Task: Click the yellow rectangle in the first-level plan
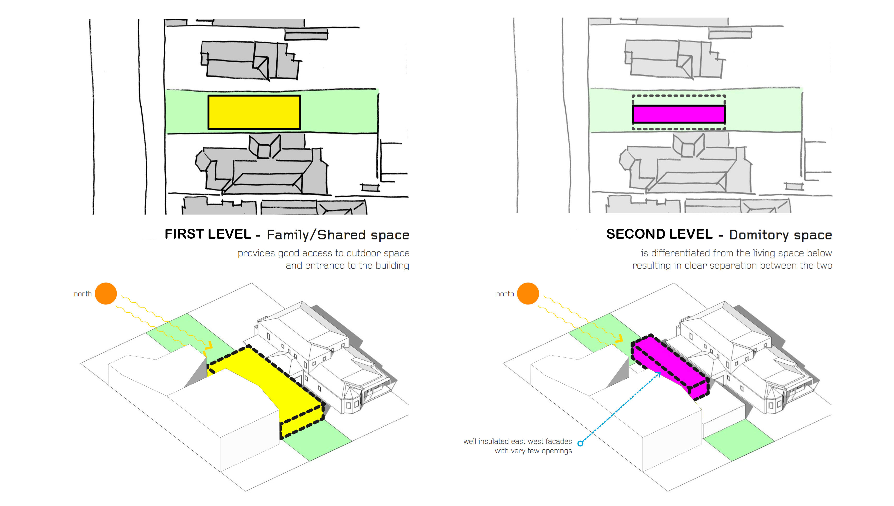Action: pyautogui.click(x=254, y=112)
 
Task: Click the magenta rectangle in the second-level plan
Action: pyautogui.click(x=679, y=114)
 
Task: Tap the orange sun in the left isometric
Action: pyautogui.click(x=106, y=294)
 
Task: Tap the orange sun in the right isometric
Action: pyautogui.click(x=528, y=294)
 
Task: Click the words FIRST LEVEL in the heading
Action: pyautogui.click(x=208, y=234)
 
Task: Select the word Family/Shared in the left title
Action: pyautogui.click(x=316, y=235)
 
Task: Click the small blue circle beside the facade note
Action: pyautogui.click(x=580, y=443)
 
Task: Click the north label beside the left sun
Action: pyautogui.click(x=83, y=294)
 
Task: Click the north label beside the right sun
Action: pyautogui.click(x=505, y=294)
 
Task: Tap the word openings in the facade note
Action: pyautogui.click(x=557, y=451)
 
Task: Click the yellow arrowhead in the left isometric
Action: pyautogui.click(x=209, y=345)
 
